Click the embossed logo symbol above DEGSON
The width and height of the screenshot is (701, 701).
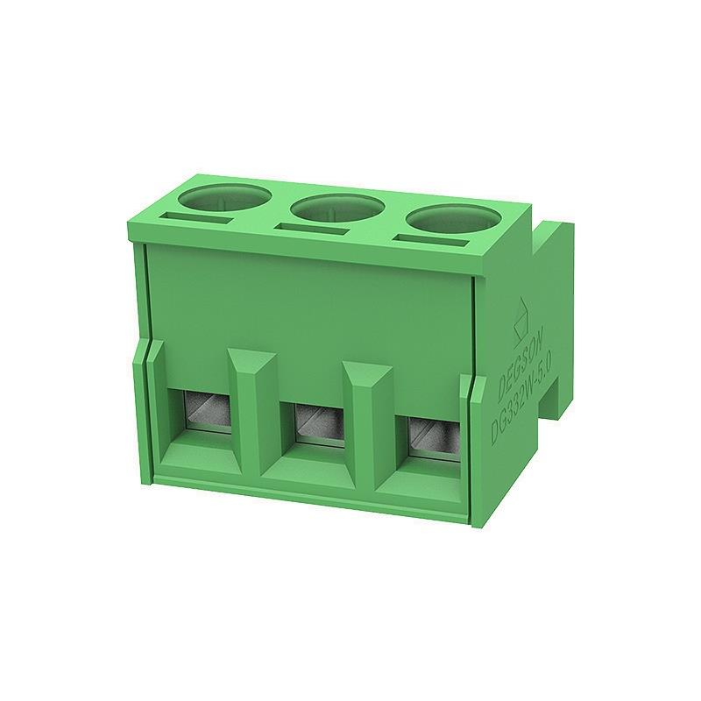[518, 312]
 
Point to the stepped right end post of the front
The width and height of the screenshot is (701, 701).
[478, 447]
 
